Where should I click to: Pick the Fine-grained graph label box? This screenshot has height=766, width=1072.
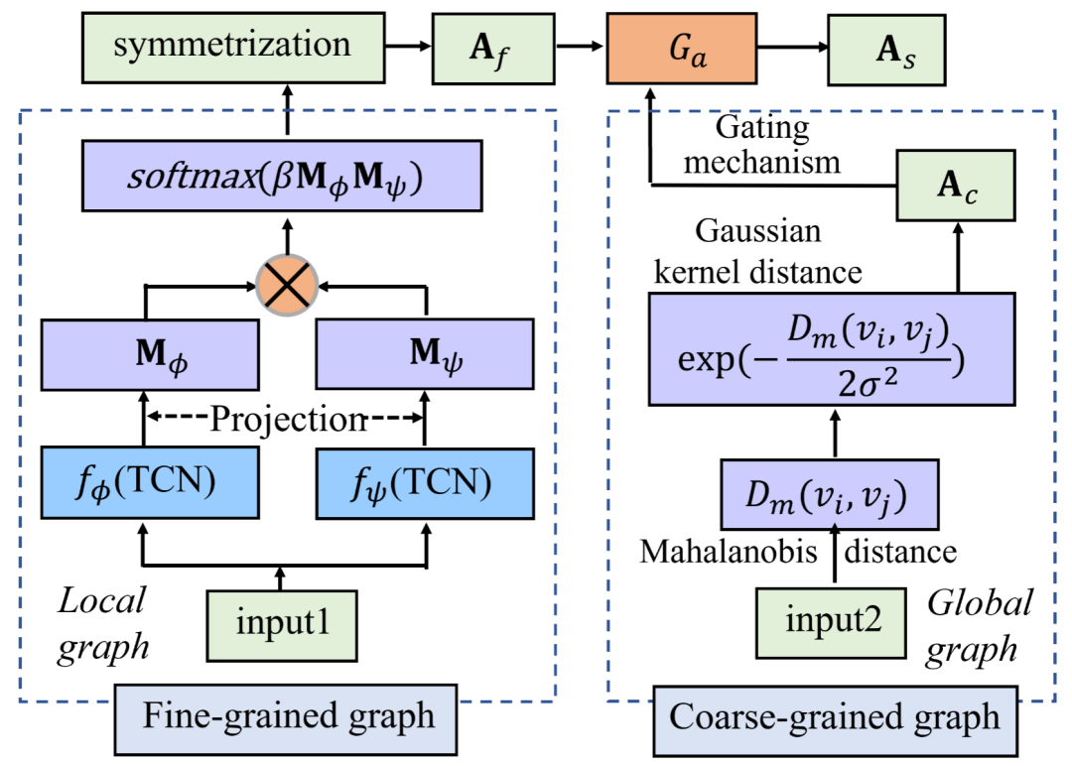[x=288, y=715]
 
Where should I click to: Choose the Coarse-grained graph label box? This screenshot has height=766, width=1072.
[x=837, y=717]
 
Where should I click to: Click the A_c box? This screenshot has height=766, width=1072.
[x=957, y=186]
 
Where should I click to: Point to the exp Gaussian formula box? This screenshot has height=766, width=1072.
[x=833, y=348]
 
